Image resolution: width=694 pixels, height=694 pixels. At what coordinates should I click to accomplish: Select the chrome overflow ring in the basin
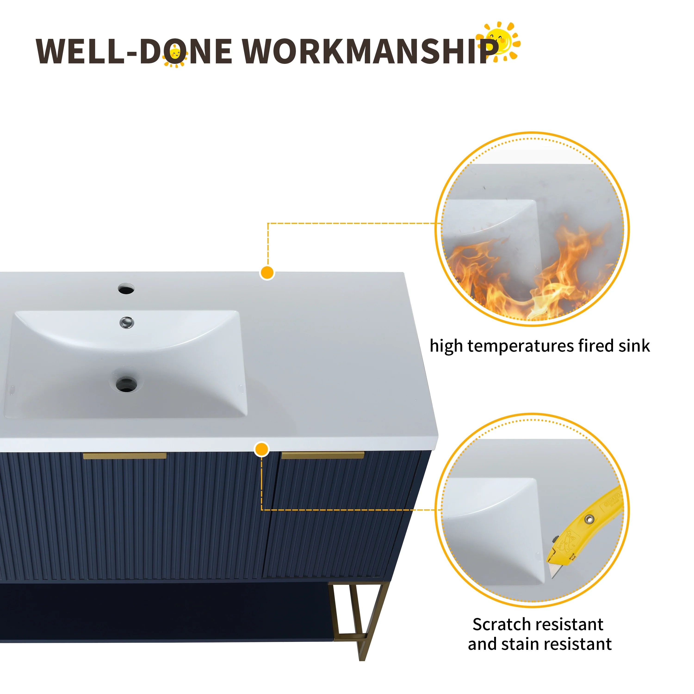tap(127, 322)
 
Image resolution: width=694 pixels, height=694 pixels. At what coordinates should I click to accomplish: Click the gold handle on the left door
tap(125, 456)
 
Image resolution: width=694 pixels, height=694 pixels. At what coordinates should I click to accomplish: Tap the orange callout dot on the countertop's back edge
tap(267, 273)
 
